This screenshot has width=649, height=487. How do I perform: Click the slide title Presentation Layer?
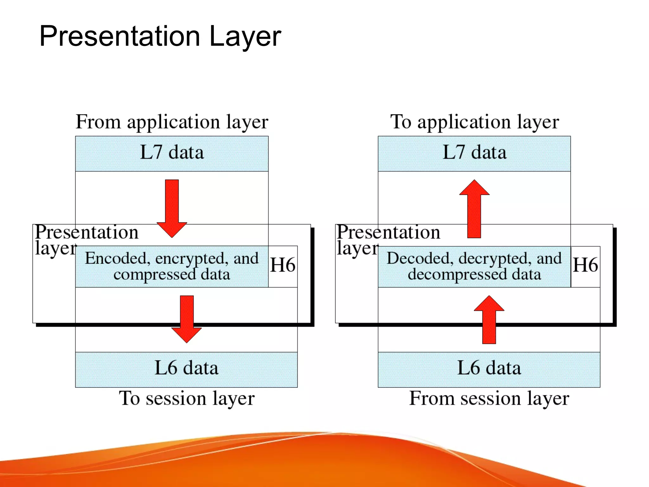(160, 36)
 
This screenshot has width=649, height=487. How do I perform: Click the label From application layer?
(172, 122)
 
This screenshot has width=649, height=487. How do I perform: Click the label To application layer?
(474, 122)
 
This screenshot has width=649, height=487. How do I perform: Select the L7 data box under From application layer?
(172, 153)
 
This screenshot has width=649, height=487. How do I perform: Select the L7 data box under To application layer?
(474, 153)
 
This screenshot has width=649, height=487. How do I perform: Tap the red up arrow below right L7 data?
(474, 209)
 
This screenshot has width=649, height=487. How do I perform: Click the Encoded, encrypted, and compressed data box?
(172, 266)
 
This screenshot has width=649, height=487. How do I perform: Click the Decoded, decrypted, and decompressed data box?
(474, 266)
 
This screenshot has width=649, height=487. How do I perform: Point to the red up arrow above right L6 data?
(489, 320)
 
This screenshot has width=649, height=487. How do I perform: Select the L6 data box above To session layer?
(186, 369)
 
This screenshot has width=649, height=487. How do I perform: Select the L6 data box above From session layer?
(489, 369)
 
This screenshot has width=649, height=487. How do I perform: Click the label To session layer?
(187, 399)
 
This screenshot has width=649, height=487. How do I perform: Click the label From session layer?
(489, 399)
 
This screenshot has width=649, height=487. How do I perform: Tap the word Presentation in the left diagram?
(87, 232)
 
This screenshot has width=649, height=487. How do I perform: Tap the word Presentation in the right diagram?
(388, 232)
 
